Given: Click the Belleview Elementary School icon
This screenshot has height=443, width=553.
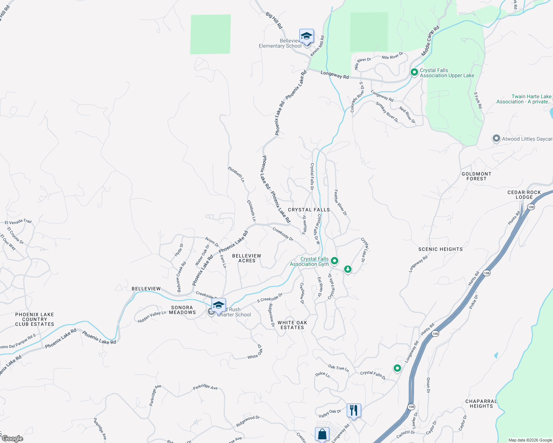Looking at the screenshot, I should [306, 37].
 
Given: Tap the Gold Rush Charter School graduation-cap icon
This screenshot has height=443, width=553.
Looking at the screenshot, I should [218, 306].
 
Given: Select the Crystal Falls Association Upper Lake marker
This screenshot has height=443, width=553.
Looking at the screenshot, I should [414, 72].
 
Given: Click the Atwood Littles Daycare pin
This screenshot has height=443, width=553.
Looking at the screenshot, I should [496, 139].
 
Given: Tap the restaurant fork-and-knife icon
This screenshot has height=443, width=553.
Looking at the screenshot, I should [354, 410].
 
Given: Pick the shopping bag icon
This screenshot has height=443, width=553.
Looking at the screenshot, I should [322, 434].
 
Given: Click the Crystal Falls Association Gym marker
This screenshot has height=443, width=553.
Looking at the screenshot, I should [335, 261].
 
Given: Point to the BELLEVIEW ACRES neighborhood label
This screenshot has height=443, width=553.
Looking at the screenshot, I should [247, 258].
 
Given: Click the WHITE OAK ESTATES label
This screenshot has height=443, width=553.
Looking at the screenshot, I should [292, 325].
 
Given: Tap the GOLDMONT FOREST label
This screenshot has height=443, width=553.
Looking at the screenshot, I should [476, 176].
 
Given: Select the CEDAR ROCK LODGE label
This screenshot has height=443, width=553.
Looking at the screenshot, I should [524, 195].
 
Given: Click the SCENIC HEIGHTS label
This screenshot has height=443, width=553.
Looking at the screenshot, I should [440, 249].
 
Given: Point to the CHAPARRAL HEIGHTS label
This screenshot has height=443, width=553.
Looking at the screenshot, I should [481, 403].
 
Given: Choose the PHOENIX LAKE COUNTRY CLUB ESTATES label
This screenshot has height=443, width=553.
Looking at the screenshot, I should [35, 319].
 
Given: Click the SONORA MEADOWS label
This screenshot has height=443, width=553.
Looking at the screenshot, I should [182, 310].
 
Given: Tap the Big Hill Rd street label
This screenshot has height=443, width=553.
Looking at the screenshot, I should [274, 20].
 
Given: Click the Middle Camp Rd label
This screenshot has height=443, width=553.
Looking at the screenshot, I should [430, 41].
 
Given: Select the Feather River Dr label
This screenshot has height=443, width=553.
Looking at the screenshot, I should [340, 202].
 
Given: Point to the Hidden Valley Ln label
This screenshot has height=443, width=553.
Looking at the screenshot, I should [152, 317].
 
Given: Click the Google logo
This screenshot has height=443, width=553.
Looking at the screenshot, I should [12, 438].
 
